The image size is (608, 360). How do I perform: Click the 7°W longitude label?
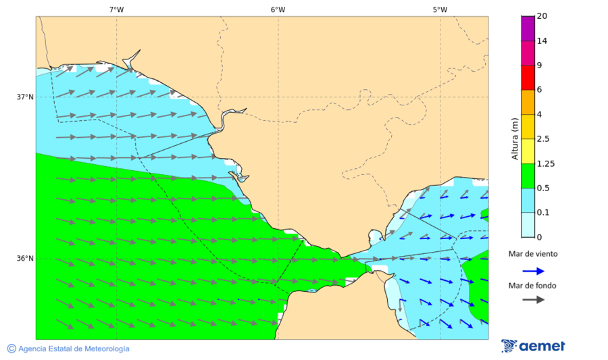tap(116, 9)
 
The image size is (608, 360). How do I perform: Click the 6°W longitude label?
tap(278, 9)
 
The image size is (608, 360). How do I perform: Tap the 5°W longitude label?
tap(440, 9)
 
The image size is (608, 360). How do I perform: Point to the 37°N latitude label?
tap(25, 97)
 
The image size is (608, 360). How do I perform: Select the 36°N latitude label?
tap(25, 259)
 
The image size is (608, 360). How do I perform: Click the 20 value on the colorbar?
tap(542, 16)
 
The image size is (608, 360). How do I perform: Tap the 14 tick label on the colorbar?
tap(542, 41)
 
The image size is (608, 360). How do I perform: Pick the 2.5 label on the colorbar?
tap(543, 138)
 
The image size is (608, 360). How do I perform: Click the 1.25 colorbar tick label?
tap(545, 163)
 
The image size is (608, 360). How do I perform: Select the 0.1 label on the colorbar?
tap(543, 212)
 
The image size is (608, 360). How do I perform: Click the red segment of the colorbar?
tap(528, 77)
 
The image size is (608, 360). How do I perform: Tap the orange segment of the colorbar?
tap(528, 102)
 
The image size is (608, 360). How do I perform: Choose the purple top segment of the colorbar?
tap(528, 28)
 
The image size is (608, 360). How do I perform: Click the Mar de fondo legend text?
tap(533, 286)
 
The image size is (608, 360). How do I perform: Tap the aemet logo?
tap(534, 346)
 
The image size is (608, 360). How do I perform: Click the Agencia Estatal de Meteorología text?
tap(74, 349)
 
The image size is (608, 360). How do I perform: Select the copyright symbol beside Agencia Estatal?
tap(11, 349)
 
